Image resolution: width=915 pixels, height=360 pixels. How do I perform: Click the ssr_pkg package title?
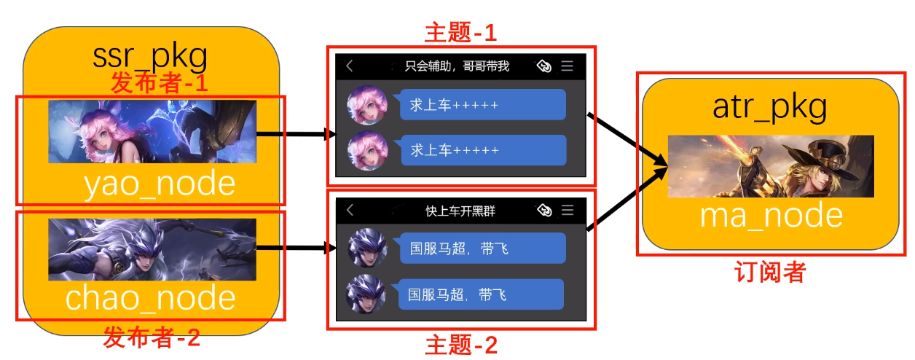(x=151, y=56)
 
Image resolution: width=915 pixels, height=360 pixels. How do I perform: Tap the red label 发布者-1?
(x=159, y=82)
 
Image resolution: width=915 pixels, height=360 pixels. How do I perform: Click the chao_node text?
(x=151, y=299)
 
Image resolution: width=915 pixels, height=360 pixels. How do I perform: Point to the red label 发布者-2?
(x=151, y=338)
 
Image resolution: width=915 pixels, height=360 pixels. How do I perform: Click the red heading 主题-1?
(x=460, y=32)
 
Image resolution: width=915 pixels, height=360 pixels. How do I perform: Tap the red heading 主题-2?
(x=461, y=344)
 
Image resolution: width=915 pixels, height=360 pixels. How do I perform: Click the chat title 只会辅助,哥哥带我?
(x=457, y=66)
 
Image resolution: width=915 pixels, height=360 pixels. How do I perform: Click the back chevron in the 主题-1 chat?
(x=350, y=66)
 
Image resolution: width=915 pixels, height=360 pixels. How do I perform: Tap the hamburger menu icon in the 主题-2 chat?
(x=568, y=211)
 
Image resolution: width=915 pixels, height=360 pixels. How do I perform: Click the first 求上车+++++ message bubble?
(x=482, y=105)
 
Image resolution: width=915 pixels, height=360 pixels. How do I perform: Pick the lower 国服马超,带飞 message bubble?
(x=481, y=294)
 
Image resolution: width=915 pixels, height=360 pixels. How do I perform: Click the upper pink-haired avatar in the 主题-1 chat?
(x=366, y=105)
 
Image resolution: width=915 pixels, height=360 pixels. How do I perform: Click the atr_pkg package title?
(x=770, y=108)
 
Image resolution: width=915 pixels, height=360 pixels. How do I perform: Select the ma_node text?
(x=771, y=216)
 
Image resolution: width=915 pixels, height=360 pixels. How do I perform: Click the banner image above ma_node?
(x=770, y=166)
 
